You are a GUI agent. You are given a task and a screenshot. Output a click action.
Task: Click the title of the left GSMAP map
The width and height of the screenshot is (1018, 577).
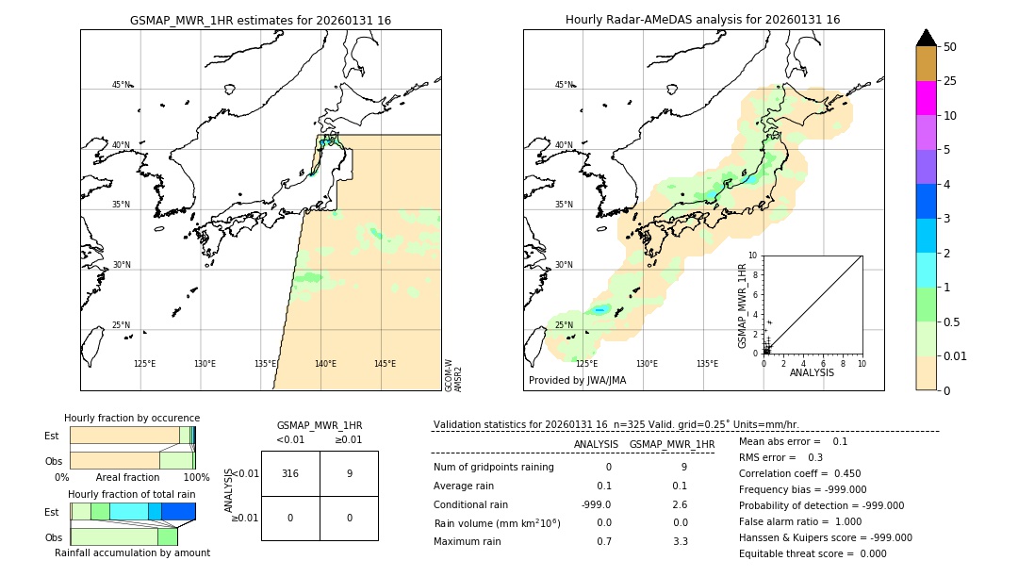point(260,20)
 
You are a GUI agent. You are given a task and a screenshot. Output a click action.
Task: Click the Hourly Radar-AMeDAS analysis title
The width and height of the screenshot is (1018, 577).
point(702,20)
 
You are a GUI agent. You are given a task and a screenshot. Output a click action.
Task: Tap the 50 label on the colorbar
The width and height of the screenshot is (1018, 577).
point(950,47)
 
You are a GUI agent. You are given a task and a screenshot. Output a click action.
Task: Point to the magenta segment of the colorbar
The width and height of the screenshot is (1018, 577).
point(926,98)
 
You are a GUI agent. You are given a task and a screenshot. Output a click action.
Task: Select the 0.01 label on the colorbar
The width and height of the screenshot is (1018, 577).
point(956,355)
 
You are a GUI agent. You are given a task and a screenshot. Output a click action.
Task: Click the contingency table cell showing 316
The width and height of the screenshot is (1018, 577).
point(290,473)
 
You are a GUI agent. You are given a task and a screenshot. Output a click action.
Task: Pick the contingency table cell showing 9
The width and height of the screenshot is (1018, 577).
point(349,473)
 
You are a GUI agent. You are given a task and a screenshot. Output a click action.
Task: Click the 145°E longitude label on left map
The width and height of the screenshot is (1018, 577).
point(385,364)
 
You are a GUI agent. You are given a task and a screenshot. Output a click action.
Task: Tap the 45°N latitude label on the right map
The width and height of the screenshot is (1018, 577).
point(564,85)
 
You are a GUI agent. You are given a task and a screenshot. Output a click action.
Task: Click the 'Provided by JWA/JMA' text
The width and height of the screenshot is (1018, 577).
point(577,381)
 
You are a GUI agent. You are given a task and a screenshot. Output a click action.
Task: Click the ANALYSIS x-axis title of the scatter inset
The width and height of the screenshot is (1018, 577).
point(812,372)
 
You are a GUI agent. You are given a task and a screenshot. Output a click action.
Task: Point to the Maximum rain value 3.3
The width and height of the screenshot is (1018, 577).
point(680,541)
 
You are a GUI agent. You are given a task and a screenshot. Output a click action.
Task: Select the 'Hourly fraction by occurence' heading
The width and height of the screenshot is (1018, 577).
point(132,418)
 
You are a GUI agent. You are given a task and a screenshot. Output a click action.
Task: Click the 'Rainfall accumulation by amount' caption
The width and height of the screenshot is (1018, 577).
point(132,552)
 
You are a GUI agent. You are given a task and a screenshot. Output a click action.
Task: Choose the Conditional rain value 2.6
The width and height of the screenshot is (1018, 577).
point(680,504)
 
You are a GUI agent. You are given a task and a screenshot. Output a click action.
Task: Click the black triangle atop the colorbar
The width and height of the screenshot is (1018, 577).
point(926,38)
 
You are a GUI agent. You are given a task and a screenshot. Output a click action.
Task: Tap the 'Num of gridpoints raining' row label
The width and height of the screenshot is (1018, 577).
point(493,467)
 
